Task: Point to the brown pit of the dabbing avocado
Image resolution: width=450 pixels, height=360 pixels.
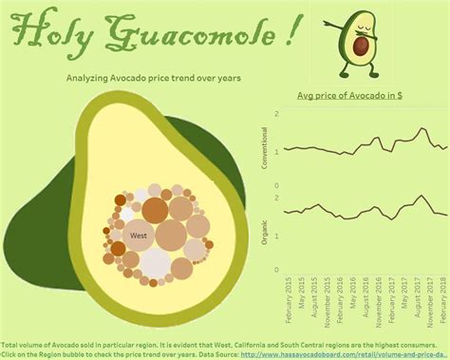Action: tap(362, 47)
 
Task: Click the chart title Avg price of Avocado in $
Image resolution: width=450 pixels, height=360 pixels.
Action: tap(348, 95)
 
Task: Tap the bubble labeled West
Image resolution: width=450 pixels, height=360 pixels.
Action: tap(139, 235)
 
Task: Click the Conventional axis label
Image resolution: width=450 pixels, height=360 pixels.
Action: tap(264, 150)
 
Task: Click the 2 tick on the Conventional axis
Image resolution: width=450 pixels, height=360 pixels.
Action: tap(276, 114)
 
